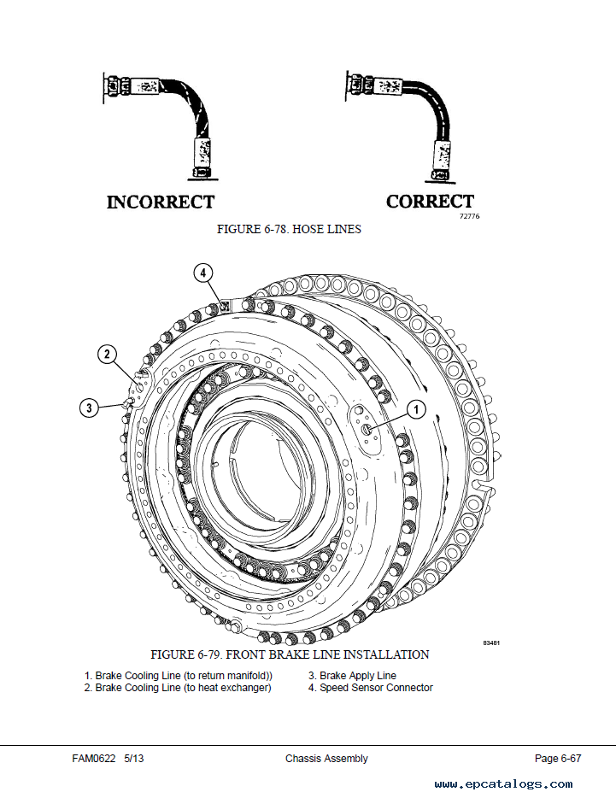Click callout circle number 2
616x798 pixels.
[x=107, y=354]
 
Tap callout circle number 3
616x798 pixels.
[x=90, y=408]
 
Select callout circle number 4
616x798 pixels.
[x=203, y=273]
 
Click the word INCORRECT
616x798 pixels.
[x=161, y=202]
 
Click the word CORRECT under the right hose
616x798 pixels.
[x=431, y=202]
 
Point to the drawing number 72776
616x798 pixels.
[x=469, y=216]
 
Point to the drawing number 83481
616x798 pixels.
[x=491, y=643]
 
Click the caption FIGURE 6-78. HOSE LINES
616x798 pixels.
[x=289, y=229]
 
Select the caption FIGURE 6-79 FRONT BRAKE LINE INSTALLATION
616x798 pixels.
[x=290, y=654]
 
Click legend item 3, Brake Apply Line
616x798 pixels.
[x=352, y=675]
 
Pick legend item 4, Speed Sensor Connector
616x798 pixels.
[x=371, y=688]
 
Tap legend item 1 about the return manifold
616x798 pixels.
[x=179, y=676]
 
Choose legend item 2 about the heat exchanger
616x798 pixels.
[x=178, y=688]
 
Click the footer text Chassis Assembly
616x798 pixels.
[x=326, y=759]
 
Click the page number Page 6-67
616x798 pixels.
[x=557, y=759]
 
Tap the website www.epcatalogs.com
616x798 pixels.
[x=503, y=784]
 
